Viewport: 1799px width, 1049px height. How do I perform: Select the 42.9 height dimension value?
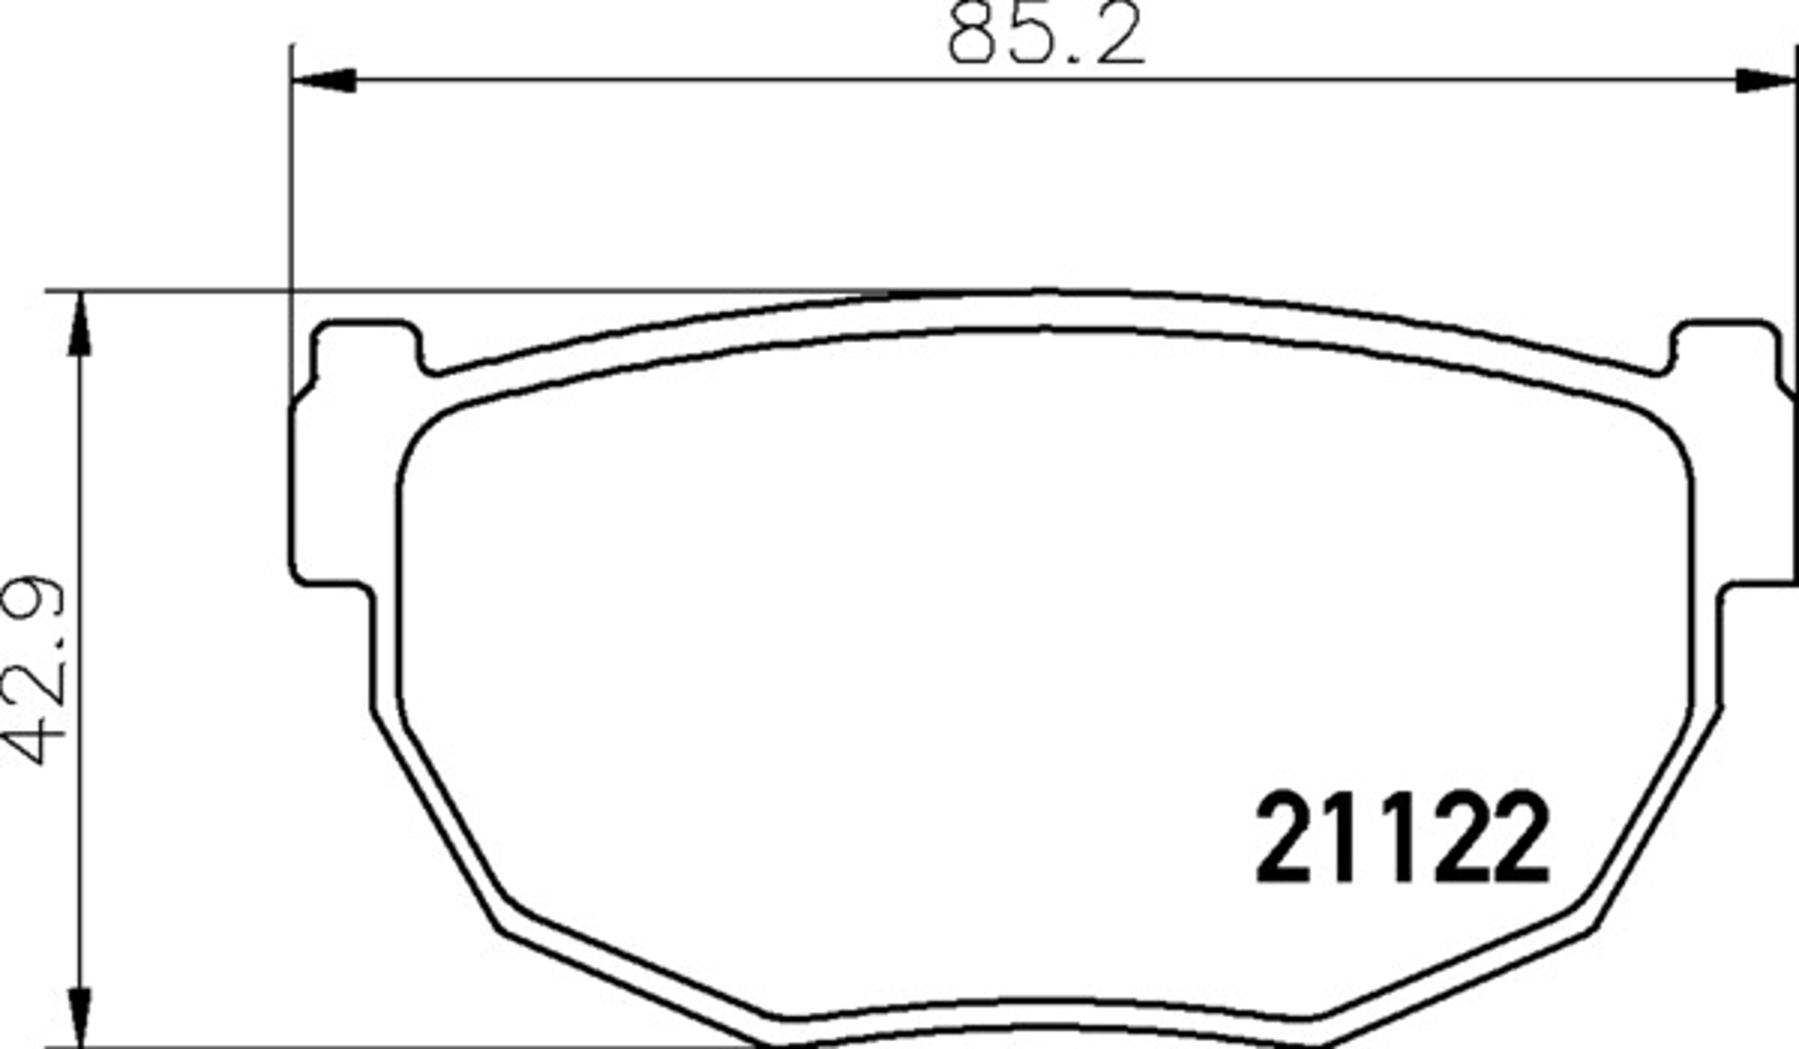(36, 671)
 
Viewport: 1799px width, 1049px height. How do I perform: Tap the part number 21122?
(1402, 838)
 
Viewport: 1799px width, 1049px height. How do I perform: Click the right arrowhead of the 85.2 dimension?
(1766, 79)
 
